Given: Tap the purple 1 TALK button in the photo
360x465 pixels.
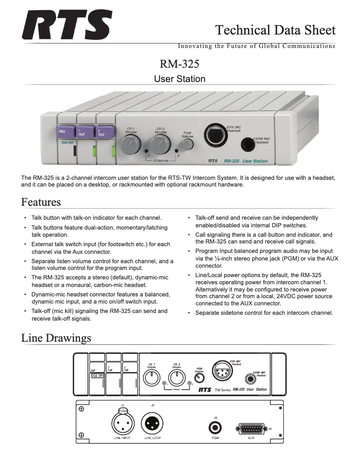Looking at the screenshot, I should pyautogui.click(x=86, y=132).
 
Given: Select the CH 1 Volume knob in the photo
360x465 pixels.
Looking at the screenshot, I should pyautogui.click(x=129, y=145).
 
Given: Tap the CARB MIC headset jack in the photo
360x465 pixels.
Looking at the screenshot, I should pyautogui.click(x=247, y=144).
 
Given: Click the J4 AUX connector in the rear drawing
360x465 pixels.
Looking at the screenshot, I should pyautogui.click(x=251, y=428).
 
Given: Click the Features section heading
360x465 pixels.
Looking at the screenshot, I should pyautogui.click(x=41, y=202).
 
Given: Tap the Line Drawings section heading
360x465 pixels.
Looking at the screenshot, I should pyautogui.click(x=56, y=338).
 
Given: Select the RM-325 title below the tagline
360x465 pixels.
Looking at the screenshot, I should pyautogui.click(x=180, y=63).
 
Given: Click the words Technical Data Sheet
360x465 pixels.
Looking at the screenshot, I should pyautogui.click(x=275, y=30).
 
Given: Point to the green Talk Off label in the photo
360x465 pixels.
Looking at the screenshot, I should pyautogui.click(x=67, y=143).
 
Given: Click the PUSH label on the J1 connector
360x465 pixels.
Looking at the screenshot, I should pyautogui.click(x=122, y=410).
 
